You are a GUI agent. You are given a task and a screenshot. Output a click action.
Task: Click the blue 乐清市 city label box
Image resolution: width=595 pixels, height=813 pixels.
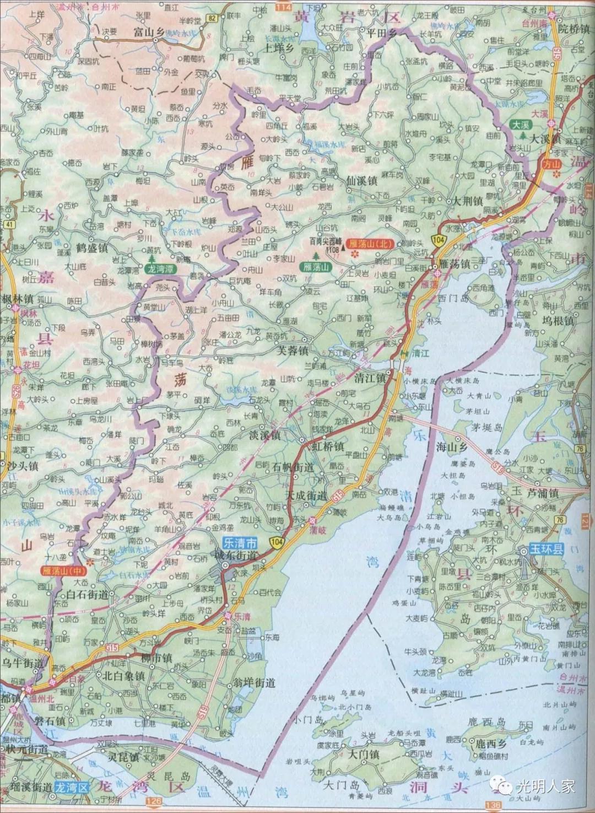239,542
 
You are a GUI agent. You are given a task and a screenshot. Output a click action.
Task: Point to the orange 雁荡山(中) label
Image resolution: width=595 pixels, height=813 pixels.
62,570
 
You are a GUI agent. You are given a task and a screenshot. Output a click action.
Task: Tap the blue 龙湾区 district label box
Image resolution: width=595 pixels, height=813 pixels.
72,787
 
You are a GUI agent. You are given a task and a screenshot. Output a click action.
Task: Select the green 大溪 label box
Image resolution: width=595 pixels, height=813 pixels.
519,125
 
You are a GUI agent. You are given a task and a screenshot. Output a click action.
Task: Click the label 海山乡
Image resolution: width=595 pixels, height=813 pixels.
451,448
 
